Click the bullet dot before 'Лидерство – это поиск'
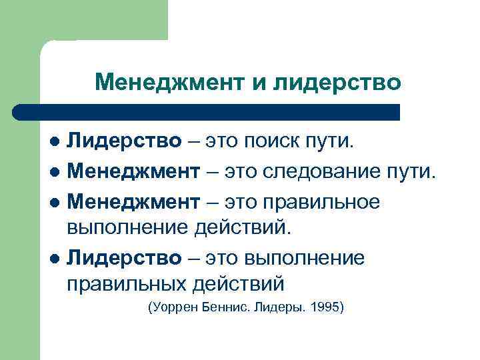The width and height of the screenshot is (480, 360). pos(56,142)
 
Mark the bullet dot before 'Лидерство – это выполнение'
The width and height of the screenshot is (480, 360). pos(56,258)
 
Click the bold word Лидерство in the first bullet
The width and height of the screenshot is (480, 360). pos(124,141)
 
